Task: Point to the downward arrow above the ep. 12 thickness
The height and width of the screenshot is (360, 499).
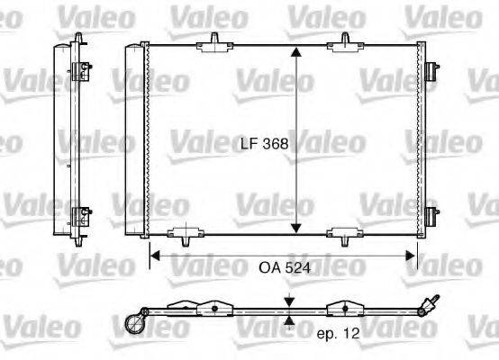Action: coord(287,301)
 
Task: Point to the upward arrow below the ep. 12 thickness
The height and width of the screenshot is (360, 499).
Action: coord(287,319)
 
